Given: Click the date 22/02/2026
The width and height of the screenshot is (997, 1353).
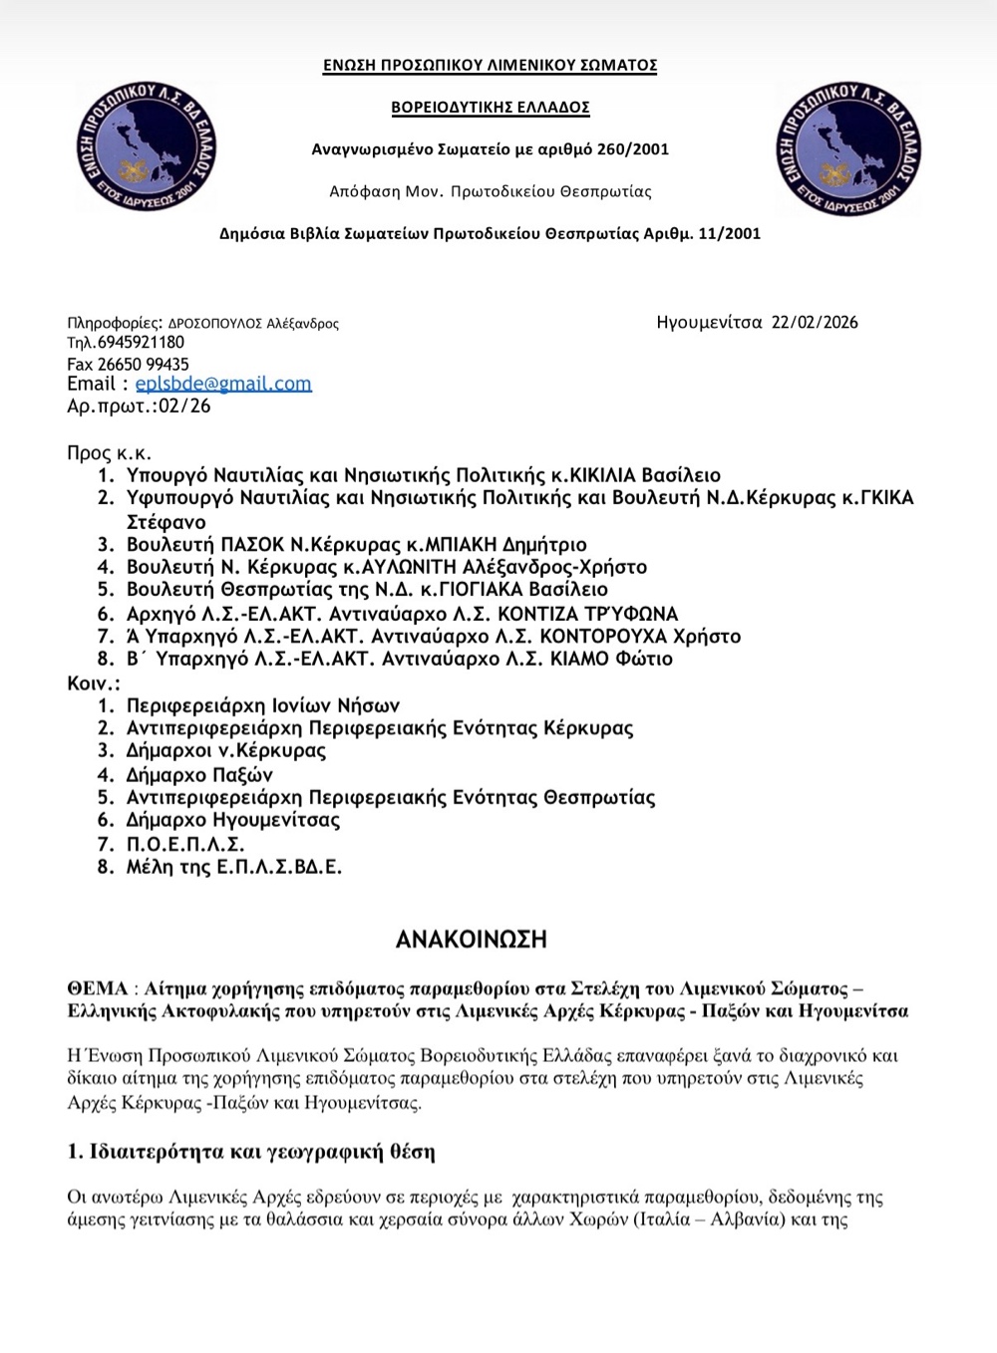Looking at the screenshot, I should [x=815, y=322].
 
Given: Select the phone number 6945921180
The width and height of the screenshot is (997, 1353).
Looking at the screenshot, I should [x=141, y=343].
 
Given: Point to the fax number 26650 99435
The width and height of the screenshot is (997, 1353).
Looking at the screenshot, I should [x=143, y=364].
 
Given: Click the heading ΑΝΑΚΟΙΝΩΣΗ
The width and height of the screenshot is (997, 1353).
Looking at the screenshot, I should [x=472, y=940].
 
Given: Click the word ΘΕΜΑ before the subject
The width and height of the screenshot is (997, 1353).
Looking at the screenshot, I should [x=98, y=988].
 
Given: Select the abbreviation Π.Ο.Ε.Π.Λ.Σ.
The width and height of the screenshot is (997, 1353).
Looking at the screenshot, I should [x=185, y=844].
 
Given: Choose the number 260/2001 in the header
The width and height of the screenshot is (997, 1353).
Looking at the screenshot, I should [x=633, y=149].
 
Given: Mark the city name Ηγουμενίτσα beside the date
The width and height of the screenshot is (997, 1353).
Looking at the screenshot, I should [x=709, y=322].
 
